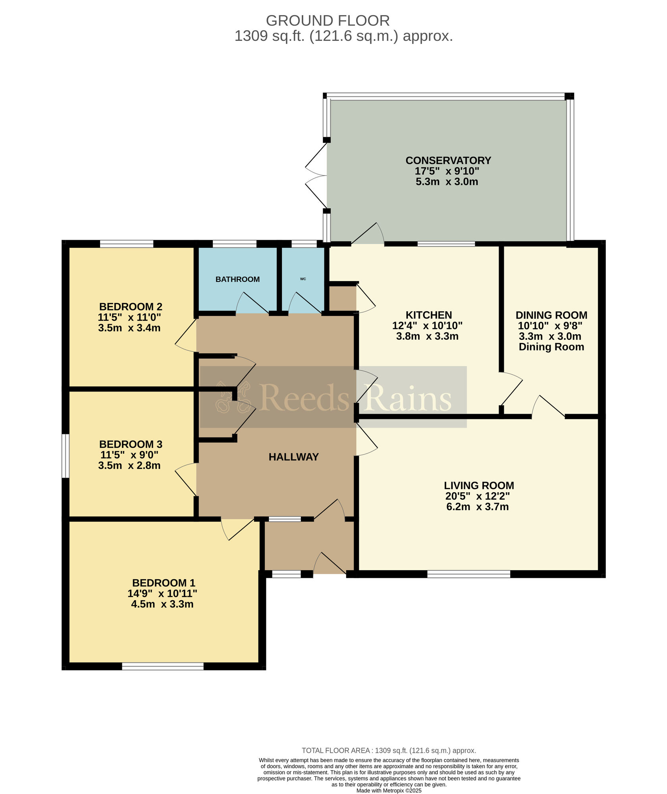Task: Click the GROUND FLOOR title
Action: click(328, 20)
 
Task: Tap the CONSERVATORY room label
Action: click(448, 160)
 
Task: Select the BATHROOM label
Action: click(237, 279)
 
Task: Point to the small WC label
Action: click(303, 279)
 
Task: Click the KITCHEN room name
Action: click(429, 315)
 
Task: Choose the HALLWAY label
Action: click(294, 457)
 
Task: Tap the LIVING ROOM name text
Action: click(479, 486)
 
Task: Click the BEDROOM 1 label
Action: click(164, 583)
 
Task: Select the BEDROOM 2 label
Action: click(131, 306)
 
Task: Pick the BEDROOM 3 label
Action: click(131, 444)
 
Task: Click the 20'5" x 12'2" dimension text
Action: click(478, 496)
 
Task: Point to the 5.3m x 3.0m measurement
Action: click(447, 182)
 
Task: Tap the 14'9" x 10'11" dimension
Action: click(162, 594)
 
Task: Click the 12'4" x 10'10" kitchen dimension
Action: click(428, 326)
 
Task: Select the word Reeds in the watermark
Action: click(304, 398)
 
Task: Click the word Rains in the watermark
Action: click(408, 398)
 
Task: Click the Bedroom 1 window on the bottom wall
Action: click(163, 667)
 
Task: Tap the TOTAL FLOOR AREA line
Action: click(389, 751)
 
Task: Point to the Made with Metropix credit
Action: click(389, 790)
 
